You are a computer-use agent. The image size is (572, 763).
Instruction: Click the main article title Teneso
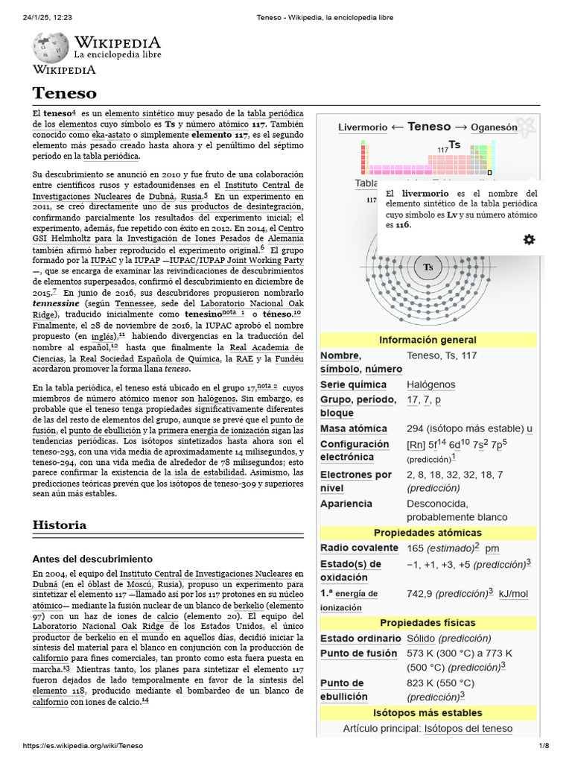click(x=65, y=92)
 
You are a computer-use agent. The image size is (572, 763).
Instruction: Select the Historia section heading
click(x=60, y=525)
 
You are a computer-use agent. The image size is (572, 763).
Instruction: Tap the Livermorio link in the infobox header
click(x=363, y=127)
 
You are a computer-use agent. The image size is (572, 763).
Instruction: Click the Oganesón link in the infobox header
click(x=494, y=127)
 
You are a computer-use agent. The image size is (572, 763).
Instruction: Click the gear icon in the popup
click(x=529, y=239)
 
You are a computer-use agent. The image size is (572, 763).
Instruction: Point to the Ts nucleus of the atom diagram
click(x=428, y=267)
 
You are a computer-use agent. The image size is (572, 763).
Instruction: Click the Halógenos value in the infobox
click(x=430, y=384)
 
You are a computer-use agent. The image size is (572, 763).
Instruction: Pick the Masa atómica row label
click(x=353, y=428)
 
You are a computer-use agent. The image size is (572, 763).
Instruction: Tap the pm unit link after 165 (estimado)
click(x=492, y=548)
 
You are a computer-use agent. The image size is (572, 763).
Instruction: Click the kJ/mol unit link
click(x=513, y=594)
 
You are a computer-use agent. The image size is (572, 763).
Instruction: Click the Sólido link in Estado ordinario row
click(x=421, y=639)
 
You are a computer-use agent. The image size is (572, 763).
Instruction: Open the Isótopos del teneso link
click(x=468, y=728)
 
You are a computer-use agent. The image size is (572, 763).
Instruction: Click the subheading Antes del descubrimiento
click(x=92, y=558)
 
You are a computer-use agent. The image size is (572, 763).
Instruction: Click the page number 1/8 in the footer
click(x=544, y=746)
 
